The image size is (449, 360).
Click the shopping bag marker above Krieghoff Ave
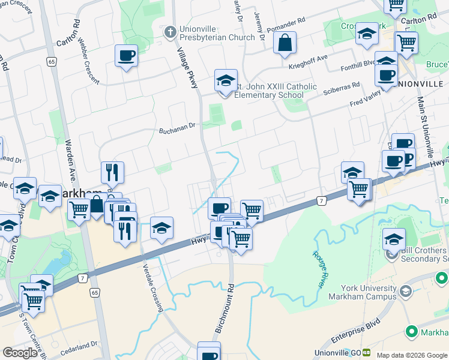(285, 43)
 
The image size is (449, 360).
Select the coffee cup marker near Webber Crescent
(126, 56)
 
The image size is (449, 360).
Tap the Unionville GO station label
(337, 353)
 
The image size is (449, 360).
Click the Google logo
(19, 352)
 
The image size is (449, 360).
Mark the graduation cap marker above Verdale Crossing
(161, 227)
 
